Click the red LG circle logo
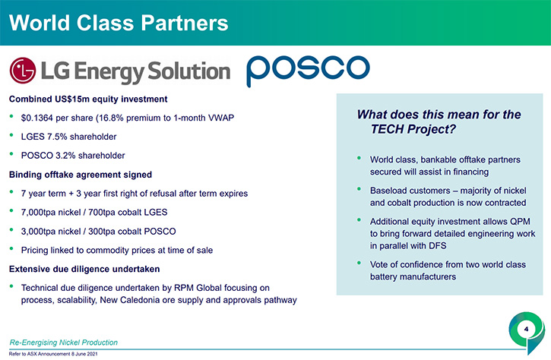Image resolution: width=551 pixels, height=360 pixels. click(23, 71)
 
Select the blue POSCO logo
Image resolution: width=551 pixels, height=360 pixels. click(309, 70)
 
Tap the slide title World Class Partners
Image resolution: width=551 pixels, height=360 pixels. click(119, 24)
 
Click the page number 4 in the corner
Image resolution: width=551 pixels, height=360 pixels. click(526, 329)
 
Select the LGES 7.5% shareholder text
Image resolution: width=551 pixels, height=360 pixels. click(68, 137)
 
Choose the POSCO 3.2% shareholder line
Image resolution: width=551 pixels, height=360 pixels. click(73, 156)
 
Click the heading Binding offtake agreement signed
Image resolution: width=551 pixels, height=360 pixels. click(81, 175)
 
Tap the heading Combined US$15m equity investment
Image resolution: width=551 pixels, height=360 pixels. click(88, 99)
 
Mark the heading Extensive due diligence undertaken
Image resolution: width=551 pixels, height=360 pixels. click(84, 269)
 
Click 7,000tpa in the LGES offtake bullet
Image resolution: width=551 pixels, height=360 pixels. click(36, 213)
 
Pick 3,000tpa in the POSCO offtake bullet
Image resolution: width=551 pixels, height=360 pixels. click(36, 232)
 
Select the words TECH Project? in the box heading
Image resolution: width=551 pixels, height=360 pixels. click(413, 129)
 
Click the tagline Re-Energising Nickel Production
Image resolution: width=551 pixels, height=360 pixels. click(64, 343)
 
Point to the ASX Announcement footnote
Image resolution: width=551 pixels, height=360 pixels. click(53, 354)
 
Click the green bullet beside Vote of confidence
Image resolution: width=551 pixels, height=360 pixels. click(359, 263)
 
